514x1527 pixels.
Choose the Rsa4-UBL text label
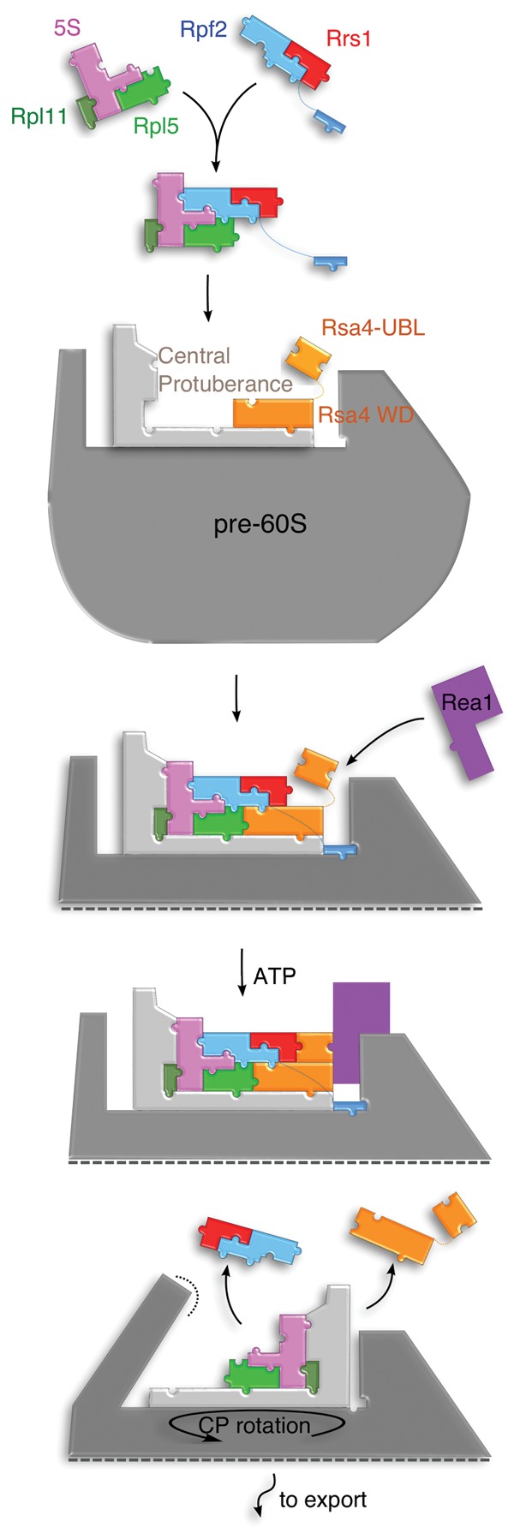373,327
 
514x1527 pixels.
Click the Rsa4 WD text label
366,415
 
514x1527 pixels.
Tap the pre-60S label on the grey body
260,523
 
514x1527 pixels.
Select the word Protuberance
225,384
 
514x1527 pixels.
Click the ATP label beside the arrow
275,975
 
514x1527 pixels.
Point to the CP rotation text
255,1425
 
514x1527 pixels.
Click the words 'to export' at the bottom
323,1500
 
